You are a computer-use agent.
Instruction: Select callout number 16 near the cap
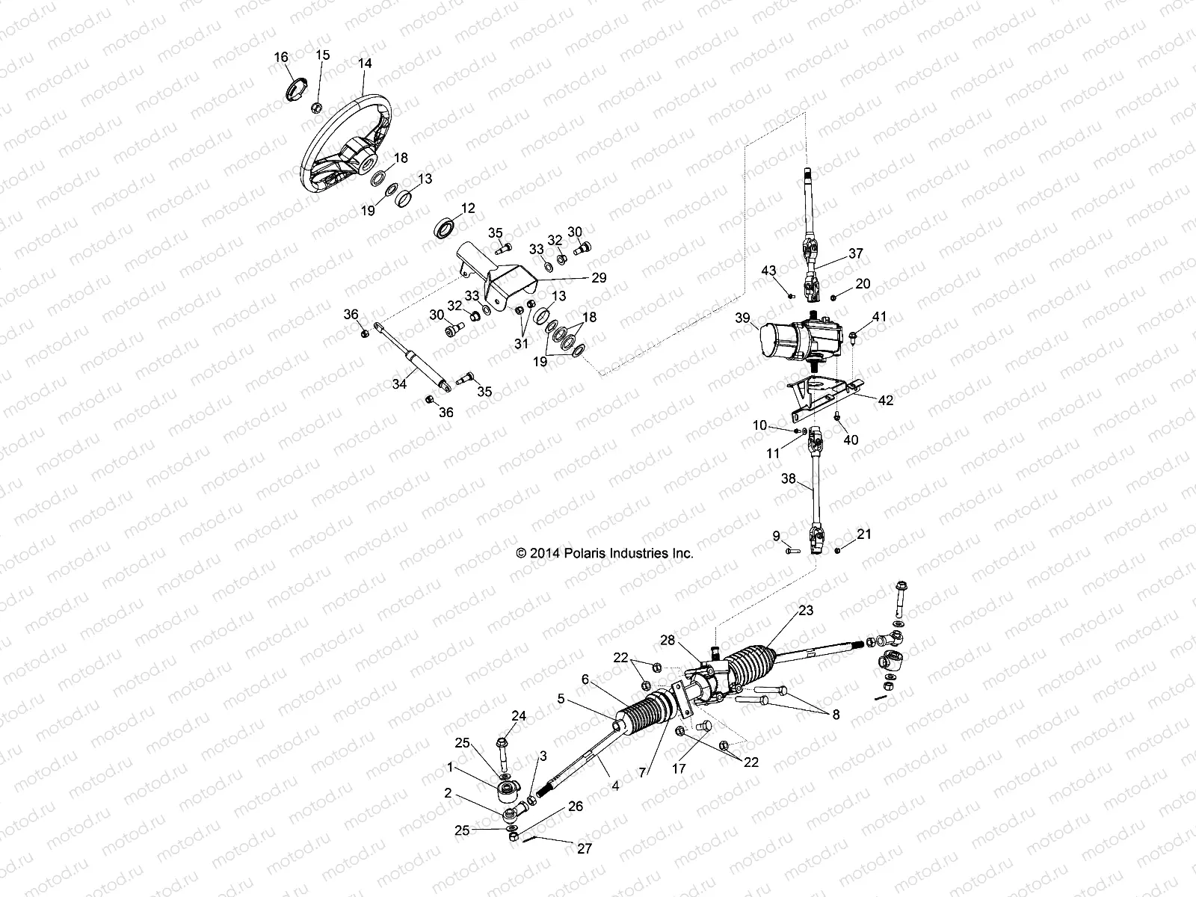click(x=281, y=58)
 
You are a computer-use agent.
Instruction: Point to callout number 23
click(x=805, y=610)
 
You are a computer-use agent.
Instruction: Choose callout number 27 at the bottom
click(x=583, y=849)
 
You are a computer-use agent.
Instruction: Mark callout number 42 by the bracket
click(x=886, y=401)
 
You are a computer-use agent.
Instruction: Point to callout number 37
click(x=855, y=253)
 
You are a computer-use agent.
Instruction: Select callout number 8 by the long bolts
click(x=835, y=715)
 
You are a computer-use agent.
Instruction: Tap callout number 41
click(x=879, y=317)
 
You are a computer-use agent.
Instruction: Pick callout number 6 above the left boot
click(x=585, y=679)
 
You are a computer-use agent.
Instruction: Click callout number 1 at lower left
click(x=450, y=767)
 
